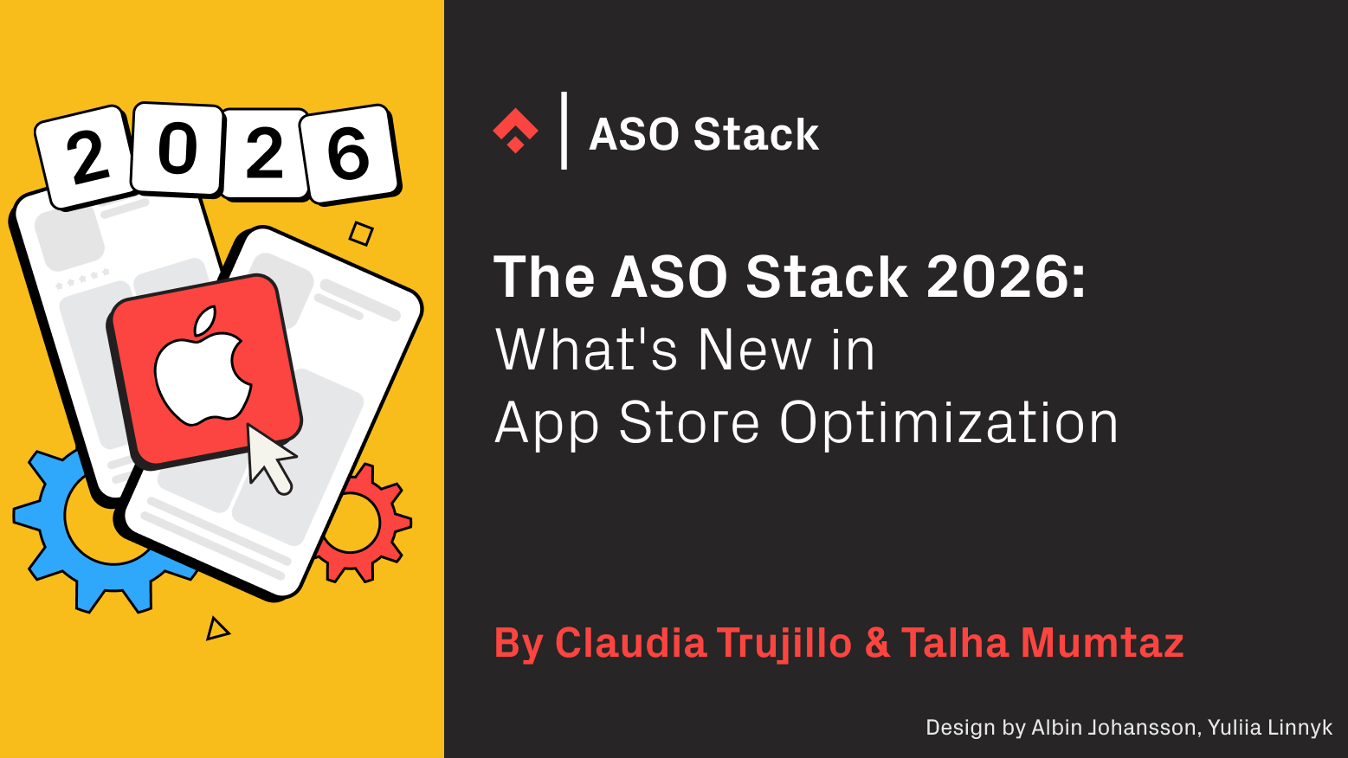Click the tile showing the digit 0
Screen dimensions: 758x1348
tap(177, 149)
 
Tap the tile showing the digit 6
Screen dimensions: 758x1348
tap(349, 154)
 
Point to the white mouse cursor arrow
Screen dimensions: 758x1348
tap(268, 458)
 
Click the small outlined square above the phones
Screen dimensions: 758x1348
tap(361, 234)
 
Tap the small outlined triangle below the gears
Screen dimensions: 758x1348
tap(216, 629)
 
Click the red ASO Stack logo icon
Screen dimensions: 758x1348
tap(515, 131)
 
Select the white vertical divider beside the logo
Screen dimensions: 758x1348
tap(564, 131)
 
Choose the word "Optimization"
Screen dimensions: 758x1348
tap(949, 423)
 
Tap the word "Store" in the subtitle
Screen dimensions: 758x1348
tap(689, 423)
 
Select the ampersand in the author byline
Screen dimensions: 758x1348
tap(877, 644)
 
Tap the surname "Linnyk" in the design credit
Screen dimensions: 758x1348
tap(1300, 728)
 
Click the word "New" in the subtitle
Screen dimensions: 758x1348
tap(755, 350)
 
